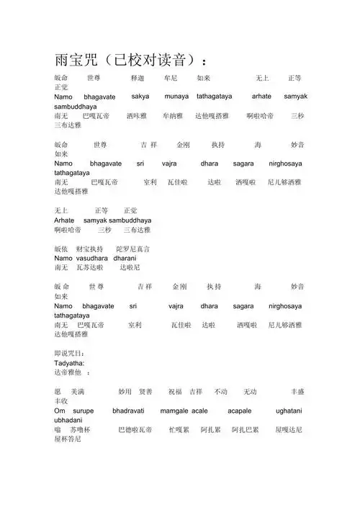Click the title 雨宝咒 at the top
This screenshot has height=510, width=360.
[x=84, y=59]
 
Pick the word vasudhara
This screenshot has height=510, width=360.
[x=92, y=258]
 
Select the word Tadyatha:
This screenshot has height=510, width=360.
[x=71, y=363]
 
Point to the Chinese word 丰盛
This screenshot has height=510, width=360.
[x=297, y=392]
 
